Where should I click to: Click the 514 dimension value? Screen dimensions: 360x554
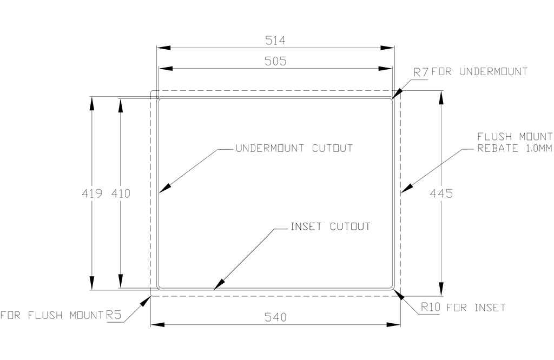click(x=275, y=40)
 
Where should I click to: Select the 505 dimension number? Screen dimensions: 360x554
click(x=275, y=61)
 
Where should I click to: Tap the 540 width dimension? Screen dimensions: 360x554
click(x=275, y=316)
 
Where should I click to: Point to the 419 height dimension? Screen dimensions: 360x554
click(x=92, y=193)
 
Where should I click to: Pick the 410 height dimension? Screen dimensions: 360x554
click(x=120, y=193)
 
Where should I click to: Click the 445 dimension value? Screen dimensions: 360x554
click(x=441, y=193)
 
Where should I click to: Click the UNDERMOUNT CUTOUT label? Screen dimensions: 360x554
click(x=294, y=148)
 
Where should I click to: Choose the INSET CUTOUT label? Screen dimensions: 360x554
click(x=331, y=226)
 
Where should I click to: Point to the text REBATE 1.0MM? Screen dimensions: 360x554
click(x=515, y=148)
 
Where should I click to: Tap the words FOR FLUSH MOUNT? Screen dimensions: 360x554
click(x=52, y=315)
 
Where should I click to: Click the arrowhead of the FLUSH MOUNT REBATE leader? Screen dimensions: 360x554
click(x=405, y=190)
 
